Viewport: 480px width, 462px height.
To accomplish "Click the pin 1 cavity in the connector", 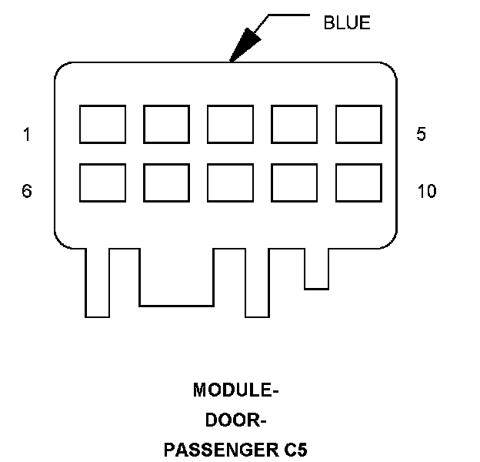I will point(102,125).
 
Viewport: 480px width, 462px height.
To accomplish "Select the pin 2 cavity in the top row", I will point(166,125).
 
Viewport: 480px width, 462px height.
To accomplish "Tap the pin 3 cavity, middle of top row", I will point(230,125).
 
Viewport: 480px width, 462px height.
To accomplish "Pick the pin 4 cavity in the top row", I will point(294,125).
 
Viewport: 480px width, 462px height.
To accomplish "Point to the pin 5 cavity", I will point(358,125).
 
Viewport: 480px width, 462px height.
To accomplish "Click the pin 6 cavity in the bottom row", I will point(102,182).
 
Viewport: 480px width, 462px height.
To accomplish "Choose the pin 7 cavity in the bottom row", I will point(166,182).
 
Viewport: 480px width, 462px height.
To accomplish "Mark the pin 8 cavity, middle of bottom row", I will point(230,182).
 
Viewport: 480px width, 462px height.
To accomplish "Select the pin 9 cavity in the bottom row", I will point(294,182).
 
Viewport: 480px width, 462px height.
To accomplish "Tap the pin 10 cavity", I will point(358,182).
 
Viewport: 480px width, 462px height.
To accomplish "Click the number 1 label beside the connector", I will point(27,135).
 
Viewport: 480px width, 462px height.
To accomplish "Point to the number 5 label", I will point(421,135).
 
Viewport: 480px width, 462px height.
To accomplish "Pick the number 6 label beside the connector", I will point(27,191).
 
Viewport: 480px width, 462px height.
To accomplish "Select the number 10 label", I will point(426,191).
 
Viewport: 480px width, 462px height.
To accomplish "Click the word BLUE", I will point(346,23).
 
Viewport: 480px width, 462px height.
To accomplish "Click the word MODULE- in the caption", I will point(235,391).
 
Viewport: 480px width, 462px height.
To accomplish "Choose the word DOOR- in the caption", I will point(235,420).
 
